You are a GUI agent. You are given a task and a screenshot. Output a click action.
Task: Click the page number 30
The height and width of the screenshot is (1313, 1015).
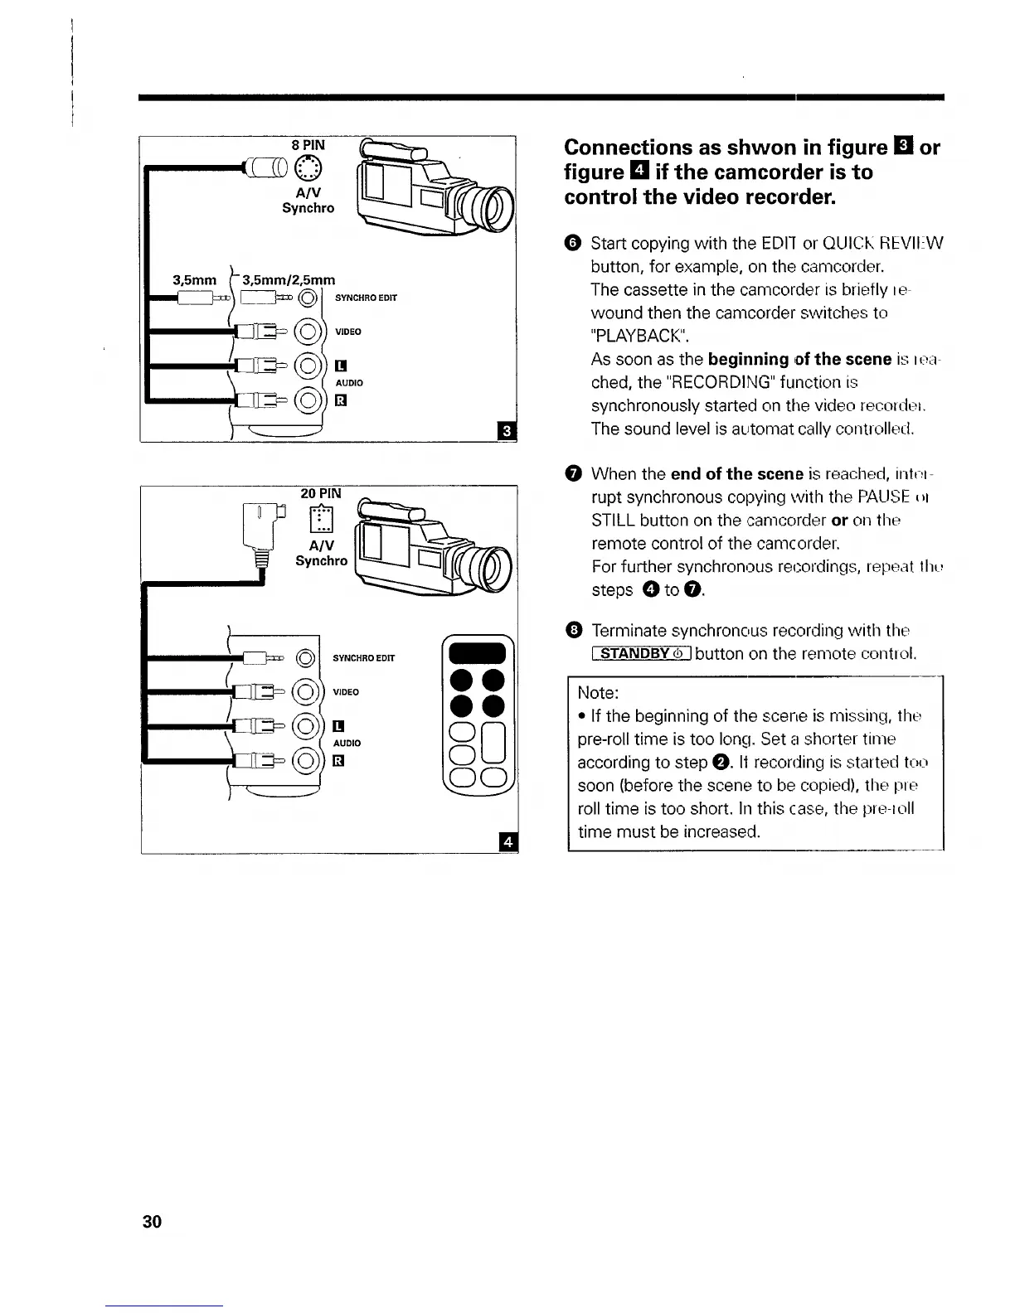153,1221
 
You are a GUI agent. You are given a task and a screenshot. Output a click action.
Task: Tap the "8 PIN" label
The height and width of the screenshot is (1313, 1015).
308,145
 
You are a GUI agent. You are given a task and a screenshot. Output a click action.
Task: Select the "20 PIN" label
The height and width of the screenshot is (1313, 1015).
320,492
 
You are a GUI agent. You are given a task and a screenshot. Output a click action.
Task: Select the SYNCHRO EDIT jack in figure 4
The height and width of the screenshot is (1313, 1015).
306,659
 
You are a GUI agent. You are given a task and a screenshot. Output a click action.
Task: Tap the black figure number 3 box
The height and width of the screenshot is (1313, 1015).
505,431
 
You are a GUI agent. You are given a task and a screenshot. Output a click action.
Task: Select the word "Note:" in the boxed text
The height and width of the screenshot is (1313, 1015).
598,692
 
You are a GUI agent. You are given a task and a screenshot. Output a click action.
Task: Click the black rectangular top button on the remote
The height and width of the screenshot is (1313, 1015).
477,652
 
